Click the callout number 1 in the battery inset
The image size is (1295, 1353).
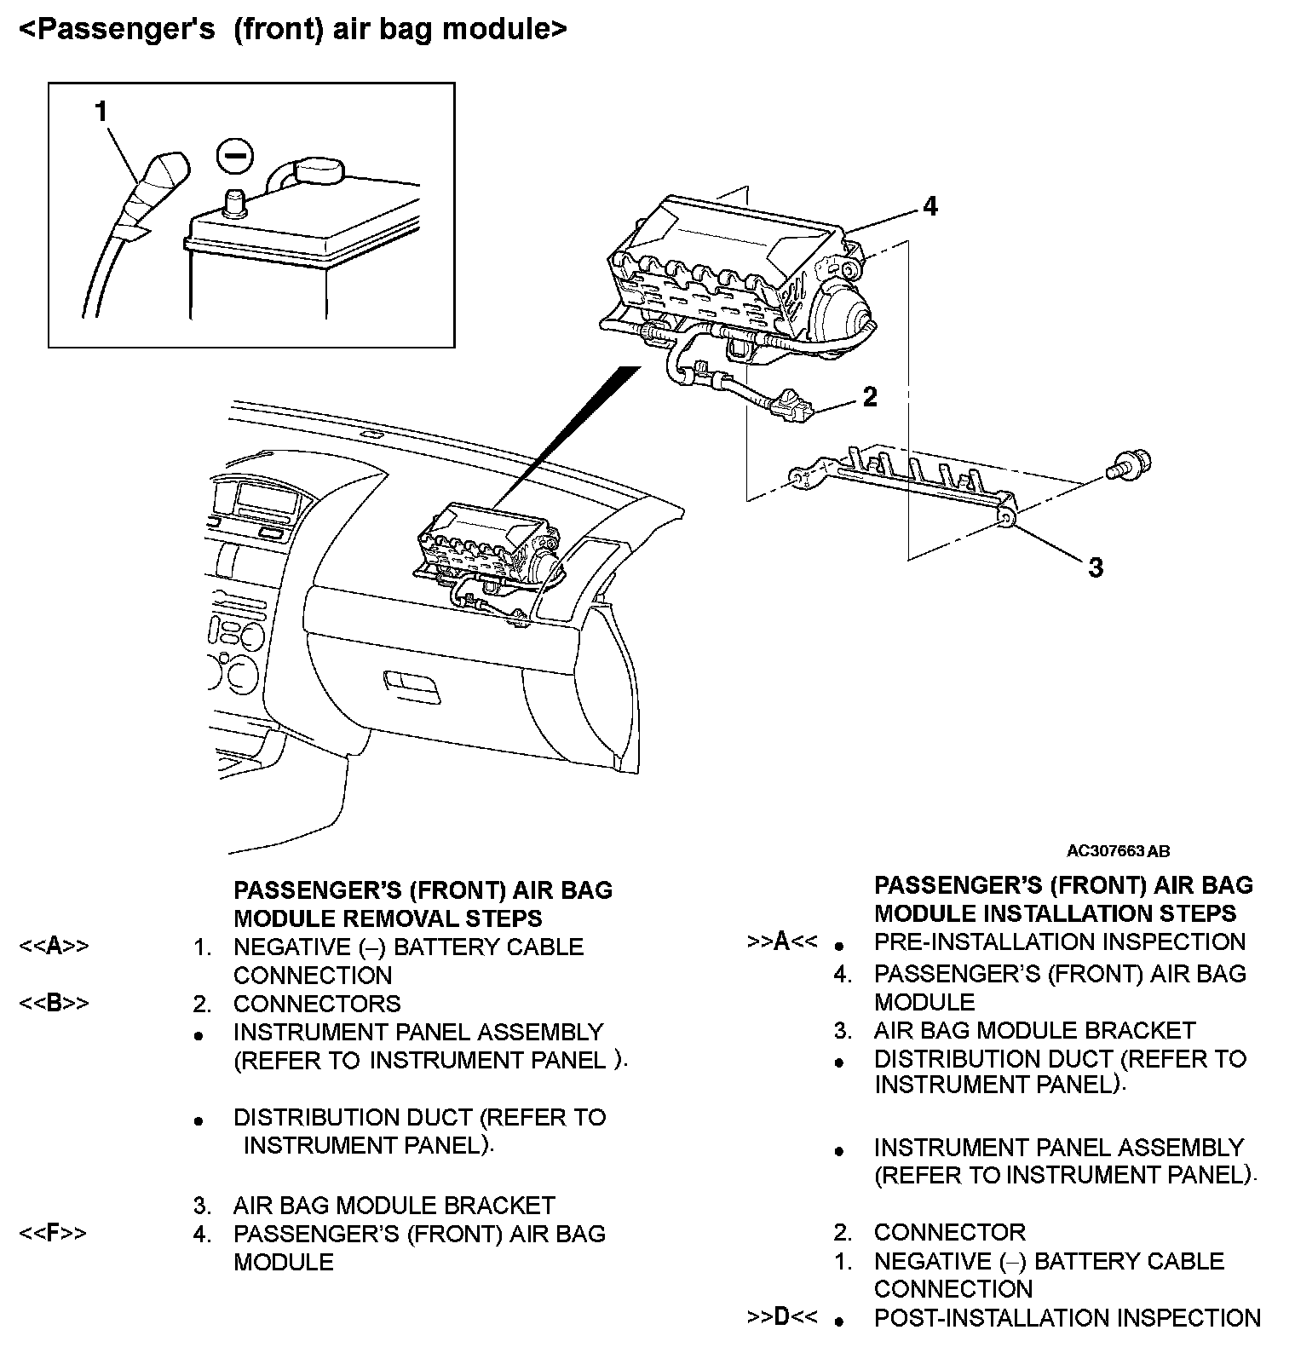tap(101, 112)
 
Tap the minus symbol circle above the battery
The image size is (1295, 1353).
tap(233, 157)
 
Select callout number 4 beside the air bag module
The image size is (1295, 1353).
tap(930, 206)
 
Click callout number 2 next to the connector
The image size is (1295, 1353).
tap(869, 397)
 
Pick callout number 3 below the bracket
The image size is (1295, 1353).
tap(1096, 567)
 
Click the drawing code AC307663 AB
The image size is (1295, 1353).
tap(1118, 851)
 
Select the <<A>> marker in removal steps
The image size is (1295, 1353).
tap(54, 947)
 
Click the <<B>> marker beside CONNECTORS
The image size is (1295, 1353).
tap(54, 1004)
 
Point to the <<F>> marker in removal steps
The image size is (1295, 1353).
tap(53, 1233)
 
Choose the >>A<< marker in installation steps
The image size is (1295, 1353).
tap(781, 941)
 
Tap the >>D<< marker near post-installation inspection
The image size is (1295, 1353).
tap(781, 1317)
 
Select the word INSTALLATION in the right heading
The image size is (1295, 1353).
tap(1072, 913)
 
